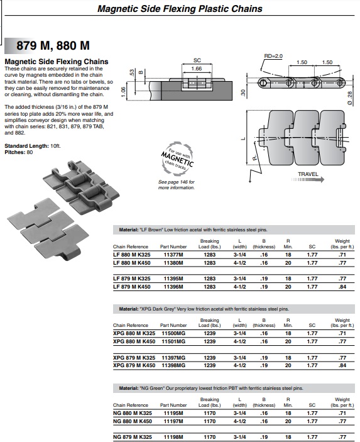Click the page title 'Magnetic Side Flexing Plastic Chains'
180,9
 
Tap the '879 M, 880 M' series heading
53,45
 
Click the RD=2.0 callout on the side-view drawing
273,56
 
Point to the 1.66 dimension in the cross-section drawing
197,69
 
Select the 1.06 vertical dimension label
123,92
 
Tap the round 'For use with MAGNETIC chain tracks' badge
177,159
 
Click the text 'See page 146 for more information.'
177,185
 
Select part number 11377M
173,255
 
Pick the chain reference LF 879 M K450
131,287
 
